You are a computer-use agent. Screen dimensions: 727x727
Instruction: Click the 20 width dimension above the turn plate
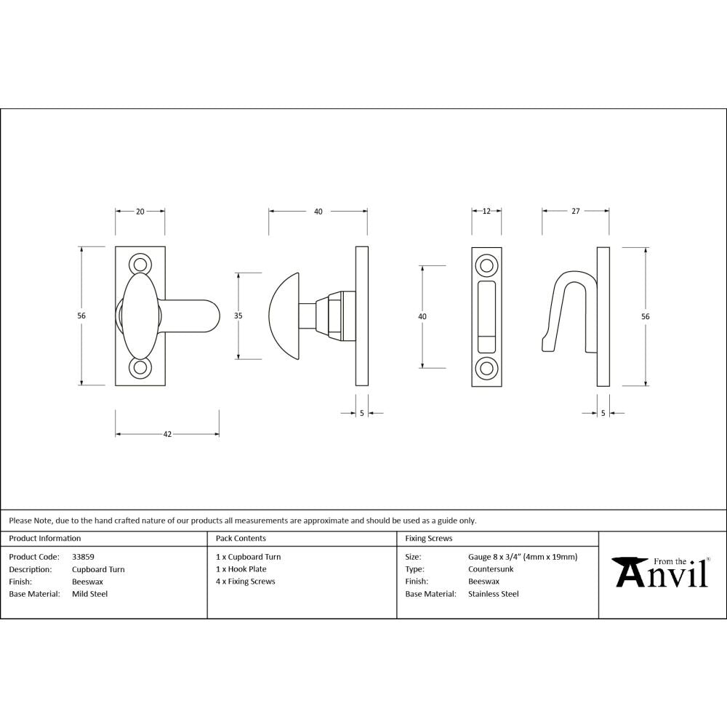[x=140, y=212]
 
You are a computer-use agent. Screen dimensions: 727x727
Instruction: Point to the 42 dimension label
[x=167, y=434]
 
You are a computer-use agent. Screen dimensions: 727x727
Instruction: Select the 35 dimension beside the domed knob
[x=238, y=316]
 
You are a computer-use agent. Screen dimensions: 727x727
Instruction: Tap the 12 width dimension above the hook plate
[x=486, y=212]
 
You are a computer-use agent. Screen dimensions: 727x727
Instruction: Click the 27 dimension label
[x=575, y=212]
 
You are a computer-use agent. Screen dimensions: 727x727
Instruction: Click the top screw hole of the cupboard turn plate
[x=140, y=264]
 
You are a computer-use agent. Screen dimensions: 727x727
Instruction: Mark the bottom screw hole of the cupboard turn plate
[x=140, y=369]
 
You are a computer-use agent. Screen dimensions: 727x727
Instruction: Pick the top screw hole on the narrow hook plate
[x=486, y=263]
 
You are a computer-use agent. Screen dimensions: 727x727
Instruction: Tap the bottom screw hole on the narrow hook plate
[x=486, y=368]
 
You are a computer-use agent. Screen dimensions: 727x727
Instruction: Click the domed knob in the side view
[x=286, y=316]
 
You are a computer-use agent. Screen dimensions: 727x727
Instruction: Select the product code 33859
[x=83, y=557]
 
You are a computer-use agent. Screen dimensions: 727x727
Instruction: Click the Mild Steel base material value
[x=89, y=594]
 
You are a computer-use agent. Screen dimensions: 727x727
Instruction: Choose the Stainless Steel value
[x=493, y=594]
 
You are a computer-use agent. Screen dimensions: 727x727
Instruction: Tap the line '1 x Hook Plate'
[x=241, y=569]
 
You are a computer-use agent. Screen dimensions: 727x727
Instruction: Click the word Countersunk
[x=491, y=569]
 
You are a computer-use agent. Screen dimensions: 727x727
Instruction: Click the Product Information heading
[x=45, y=539]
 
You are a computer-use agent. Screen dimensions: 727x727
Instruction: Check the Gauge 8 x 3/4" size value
[x=523, y=557]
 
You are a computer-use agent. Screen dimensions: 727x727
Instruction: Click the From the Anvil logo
[x=661, y=572]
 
